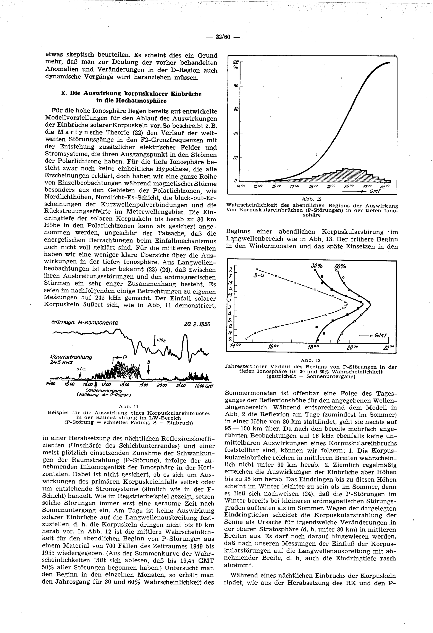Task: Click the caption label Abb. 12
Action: (x=312, y=199)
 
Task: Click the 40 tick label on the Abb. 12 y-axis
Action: (x=236, y=133)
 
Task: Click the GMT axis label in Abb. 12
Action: (x=375, y=192)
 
